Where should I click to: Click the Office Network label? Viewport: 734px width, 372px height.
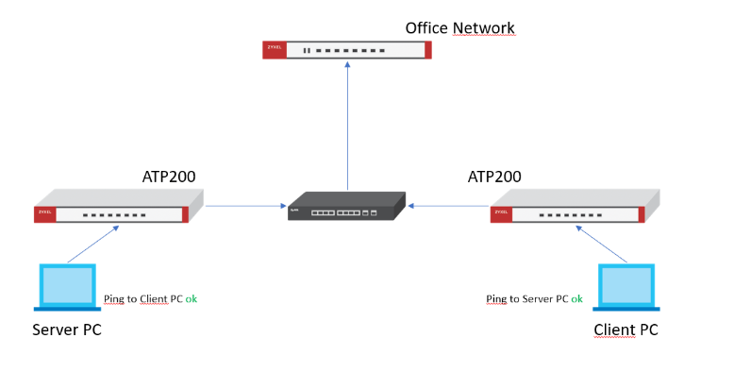459,27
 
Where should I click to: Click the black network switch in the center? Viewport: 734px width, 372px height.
346,206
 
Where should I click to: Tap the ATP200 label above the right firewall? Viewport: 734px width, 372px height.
494,177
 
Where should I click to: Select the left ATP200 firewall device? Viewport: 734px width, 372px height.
119,209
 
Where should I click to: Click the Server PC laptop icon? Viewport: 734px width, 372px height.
66,288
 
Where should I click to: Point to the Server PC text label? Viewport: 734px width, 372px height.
66,330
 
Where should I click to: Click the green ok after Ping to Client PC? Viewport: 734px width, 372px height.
191,298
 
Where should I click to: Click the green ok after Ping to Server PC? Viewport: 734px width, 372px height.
576,298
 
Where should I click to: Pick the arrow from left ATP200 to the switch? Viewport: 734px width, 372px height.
245,205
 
